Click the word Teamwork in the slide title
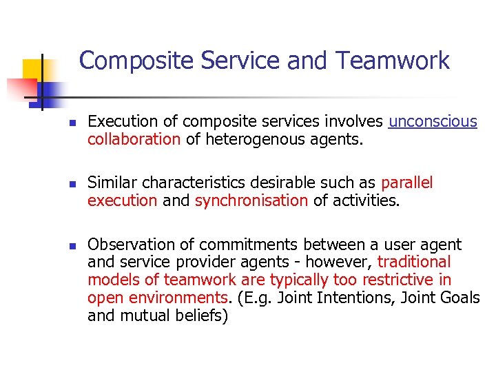click(x=393, y=61)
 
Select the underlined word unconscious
click(x=433, y=122)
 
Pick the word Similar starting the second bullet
click(x=112, y=183)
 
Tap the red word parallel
click(x=406, y=183)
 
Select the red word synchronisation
click(x=251, y=200)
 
